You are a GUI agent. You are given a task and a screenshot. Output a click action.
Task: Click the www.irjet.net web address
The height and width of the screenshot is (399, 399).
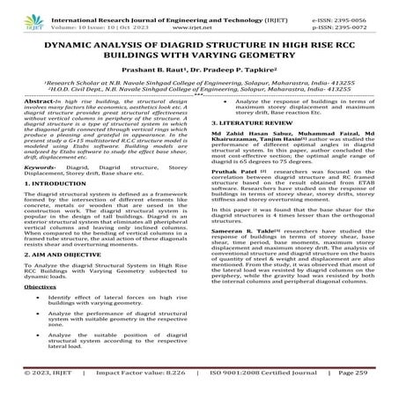[198, 26]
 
